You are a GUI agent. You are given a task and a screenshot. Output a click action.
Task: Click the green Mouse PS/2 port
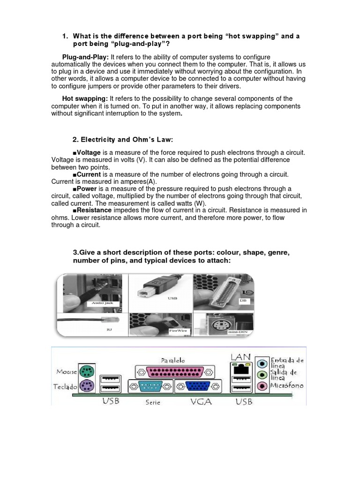(x=85, y=372)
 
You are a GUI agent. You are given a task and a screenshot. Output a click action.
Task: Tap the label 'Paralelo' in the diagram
(x=173, y=360)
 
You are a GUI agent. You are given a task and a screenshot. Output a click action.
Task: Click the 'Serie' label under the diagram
(x=153, y=402)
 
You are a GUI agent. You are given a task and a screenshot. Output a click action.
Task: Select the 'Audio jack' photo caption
(x=103, y=303)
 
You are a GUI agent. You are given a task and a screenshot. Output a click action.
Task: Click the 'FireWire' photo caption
(x=179, y=330)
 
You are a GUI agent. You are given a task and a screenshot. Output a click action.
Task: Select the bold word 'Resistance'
(x=94, y=210)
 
